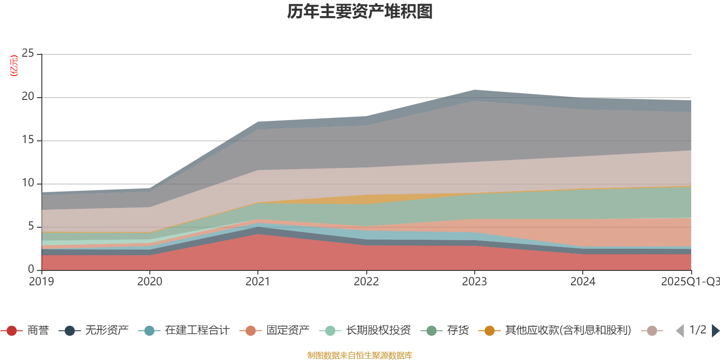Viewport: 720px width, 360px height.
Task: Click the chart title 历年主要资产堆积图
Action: (x=360, y=12)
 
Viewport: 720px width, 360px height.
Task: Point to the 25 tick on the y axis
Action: (x=28, y=54)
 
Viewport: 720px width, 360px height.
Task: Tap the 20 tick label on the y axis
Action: (x=28, y=97)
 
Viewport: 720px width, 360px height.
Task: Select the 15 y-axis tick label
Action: (x=28, y=140)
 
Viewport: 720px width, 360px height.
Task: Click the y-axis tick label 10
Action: (x=28, y=183)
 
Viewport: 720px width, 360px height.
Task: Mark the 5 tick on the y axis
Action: (x=31, y=226)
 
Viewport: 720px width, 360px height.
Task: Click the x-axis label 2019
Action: (x=41, y=282)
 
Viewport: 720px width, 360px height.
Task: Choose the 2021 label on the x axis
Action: (x=257, y=282)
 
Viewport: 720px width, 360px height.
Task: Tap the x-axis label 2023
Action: (x=474, y=282)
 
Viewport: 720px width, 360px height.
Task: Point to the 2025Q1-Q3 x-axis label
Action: (x=689, y=282)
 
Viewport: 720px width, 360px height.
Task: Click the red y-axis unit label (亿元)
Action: (x=14, y=66)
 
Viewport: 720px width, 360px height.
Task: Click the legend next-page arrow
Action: (x=715, y=331)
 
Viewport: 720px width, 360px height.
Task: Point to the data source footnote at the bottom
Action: (x=360, y=355)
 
